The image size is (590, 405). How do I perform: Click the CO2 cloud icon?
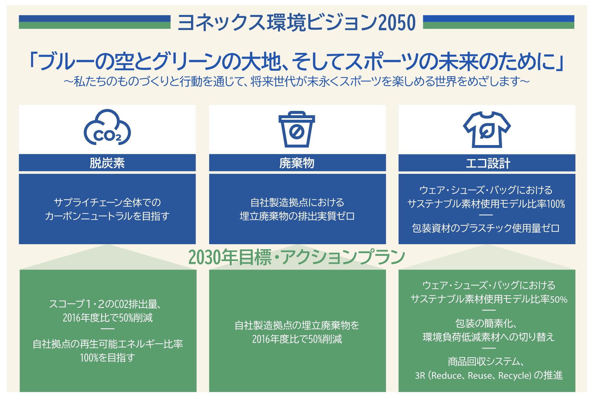(x=107, y=128)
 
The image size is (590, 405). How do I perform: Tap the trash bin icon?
(x=297, y=129)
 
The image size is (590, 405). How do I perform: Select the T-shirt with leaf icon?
(x=487, y=129)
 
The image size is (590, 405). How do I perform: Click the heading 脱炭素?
(x=107, y=163)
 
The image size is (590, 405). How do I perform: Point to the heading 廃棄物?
(x=297, y=163)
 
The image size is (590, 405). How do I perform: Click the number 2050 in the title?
(x=397, y=23)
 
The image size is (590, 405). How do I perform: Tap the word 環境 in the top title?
(x=286, y=23)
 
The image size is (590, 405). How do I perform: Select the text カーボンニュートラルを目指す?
(x=107, y=216)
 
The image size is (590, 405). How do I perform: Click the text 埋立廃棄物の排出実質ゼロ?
(x=297, y=216)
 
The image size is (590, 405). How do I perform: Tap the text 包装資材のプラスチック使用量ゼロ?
(x=486, y=228)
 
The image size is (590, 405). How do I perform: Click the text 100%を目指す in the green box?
(x=107, y=358)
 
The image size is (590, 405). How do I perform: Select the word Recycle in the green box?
(x=514, y=376)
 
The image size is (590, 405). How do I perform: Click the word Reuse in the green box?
(x=480, y=376)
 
